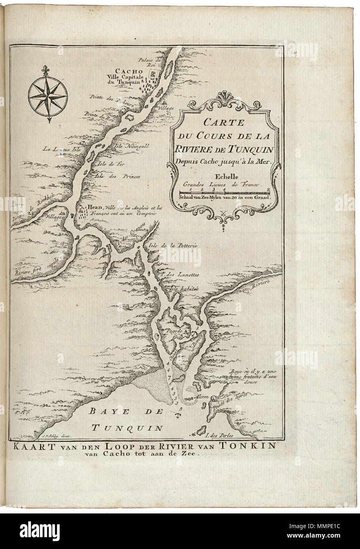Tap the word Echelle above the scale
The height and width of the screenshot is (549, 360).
coord(223,177)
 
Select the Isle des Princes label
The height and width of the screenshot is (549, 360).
coord(119,177)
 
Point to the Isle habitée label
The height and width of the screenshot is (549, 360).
coord(182,289)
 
